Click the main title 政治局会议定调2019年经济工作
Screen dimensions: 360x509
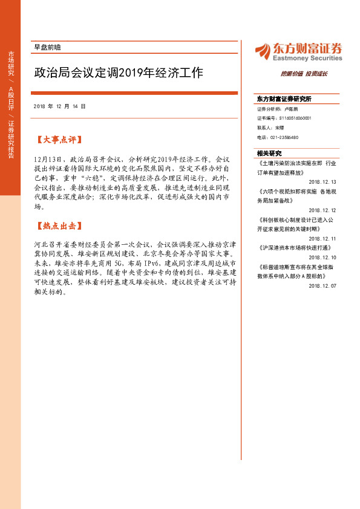118,73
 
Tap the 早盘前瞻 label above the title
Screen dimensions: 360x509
47,47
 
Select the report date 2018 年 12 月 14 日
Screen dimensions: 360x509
60,106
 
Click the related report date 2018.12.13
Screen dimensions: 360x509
322,181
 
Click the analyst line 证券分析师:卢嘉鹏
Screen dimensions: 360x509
278,109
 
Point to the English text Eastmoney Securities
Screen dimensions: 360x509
307,58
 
